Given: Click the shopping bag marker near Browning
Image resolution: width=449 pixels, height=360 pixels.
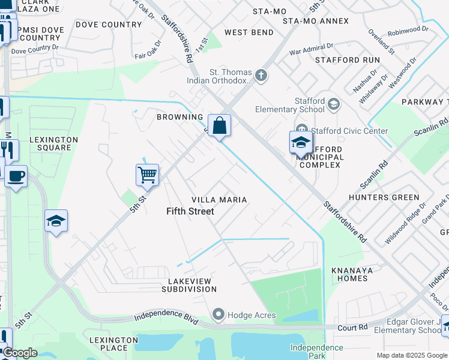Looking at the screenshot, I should tap(220, 126).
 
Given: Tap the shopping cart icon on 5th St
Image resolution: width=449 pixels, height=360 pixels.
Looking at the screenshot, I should tap(147, 175).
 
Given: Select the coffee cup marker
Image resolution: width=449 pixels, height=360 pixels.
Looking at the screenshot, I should tap(16, 176).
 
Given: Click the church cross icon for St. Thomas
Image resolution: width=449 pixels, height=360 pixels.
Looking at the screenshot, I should tap(261, 76).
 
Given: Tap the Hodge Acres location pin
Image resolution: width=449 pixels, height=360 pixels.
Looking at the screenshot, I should tap(218, 314).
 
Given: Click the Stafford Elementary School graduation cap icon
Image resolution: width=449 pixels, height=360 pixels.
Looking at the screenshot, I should tap(333, 105).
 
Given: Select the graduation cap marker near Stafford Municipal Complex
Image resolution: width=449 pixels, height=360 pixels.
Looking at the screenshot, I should tap(301, 143).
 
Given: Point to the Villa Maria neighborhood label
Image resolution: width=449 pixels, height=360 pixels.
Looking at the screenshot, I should tap(219, 199).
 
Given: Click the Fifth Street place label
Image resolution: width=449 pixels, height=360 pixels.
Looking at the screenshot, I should tap(190, 211).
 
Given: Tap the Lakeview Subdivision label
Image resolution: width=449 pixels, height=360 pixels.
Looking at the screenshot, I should tap(188, 285).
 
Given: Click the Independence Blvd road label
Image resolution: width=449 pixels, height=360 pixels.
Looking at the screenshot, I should tap(167, 316).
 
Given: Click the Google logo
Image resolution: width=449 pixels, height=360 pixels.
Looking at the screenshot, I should tap(20, 353).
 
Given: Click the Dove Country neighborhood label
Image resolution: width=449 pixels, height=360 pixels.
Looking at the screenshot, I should tap(109, 25).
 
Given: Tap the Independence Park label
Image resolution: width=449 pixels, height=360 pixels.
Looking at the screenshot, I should tap(316, 352).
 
